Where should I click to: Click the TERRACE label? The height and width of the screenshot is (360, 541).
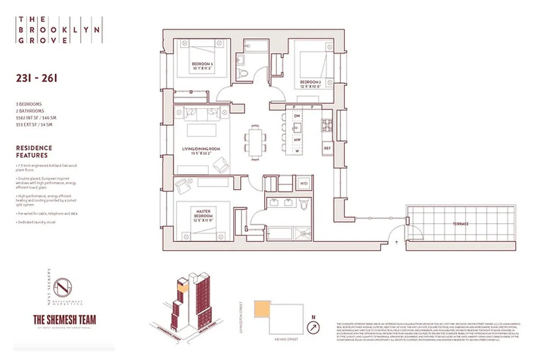[x=460, y=224]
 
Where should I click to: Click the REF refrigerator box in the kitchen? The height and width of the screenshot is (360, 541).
[x=327, y=148]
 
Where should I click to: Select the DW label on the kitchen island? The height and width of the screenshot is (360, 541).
[x=297, y=116]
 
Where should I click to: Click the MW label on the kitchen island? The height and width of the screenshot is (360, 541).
[x=297, y=139]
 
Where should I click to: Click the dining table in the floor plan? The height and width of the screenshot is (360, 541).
[x=255, y=141]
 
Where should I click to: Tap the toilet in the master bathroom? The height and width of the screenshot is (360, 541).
[x=304, y=205]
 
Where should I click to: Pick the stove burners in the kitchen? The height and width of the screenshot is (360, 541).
[x=326, y=125]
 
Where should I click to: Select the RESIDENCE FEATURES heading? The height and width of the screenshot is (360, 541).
[x=34, y=151]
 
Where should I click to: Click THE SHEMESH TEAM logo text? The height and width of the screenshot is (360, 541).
[x=65, y=319]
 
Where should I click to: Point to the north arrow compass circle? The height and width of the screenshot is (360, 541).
[x=312, y=327]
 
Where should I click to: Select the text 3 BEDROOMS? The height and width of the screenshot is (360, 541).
[x=28, y=104]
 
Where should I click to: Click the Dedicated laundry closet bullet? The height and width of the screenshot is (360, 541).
[x=36, y=222]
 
